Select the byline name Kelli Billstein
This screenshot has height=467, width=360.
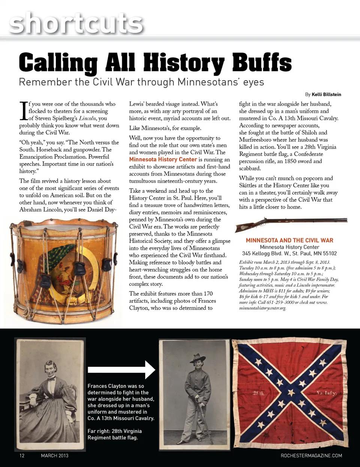[x=326, y=94]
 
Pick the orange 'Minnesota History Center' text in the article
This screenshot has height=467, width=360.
[x=163, y=159]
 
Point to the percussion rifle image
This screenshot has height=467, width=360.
[x=291, y=224]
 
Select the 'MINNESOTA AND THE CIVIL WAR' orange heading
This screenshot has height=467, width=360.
[x=289, y=240]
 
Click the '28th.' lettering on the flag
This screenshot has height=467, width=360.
[x=259, y=393]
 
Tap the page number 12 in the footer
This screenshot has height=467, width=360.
[x=22, y=456]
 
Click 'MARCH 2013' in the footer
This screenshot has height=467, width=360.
[x=55, y=456]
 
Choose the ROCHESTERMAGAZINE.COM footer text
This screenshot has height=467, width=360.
[x=311, y=456]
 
